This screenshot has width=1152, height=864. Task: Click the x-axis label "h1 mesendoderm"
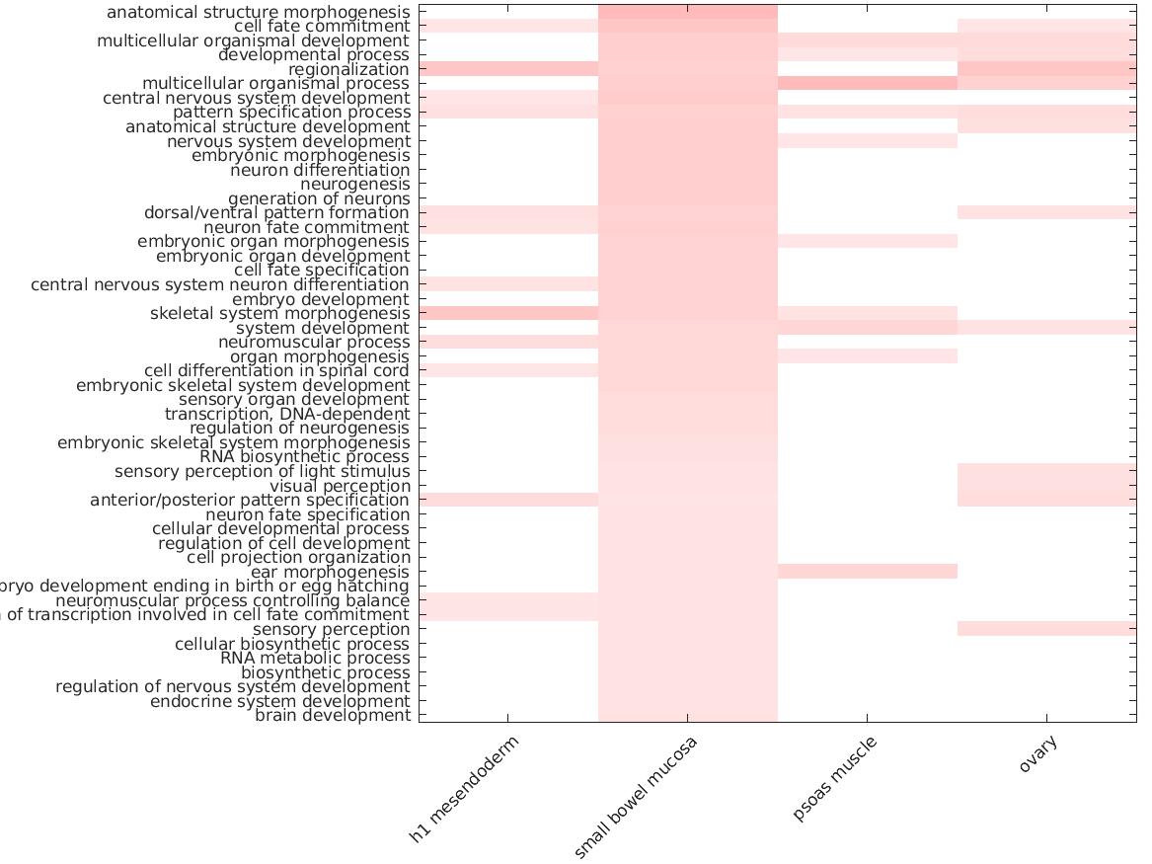click(x=464, y=789)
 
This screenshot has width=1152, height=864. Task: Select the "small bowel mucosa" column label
click(x=636, y=797)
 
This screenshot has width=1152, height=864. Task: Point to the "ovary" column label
click(x=1038, y=756)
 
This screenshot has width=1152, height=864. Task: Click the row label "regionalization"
click(x=348, y=70)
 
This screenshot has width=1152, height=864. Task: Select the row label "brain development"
click(x=333, y=716)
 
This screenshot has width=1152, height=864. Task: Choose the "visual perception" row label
click(x=340, y=486)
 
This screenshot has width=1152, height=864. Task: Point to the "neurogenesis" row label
click(x=354, y=185)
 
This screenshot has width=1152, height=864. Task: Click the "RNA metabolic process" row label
click(x=315, y=659)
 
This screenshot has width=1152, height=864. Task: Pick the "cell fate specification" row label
click(x=322, y=271)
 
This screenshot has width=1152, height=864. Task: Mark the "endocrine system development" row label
click(x=279, y=702)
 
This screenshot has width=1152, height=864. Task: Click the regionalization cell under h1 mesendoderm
click(x=508, y=69)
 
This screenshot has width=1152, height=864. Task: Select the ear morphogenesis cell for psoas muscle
click(x=868, y=572)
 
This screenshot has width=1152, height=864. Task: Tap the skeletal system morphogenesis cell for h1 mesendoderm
click(x=508, y=313)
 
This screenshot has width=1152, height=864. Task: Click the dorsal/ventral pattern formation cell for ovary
click(x=1046, y=212)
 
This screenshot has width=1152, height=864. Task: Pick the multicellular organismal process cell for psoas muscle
click(x=868, y=84)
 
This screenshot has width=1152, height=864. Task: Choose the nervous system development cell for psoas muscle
click(x=868, y=141)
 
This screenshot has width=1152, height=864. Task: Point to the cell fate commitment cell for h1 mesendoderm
click(x=508, y=26)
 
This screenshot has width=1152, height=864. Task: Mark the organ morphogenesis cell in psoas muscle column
click(x=868, y=356)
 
